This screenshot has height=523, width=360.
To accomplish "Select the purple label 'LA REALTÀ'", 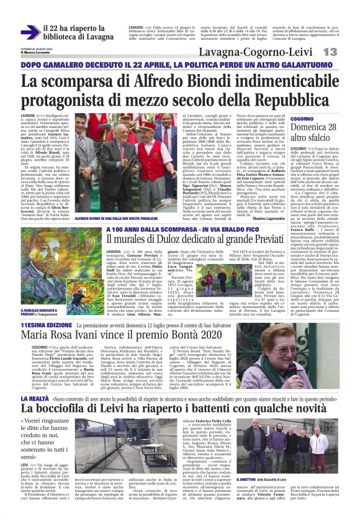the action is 36,380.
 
